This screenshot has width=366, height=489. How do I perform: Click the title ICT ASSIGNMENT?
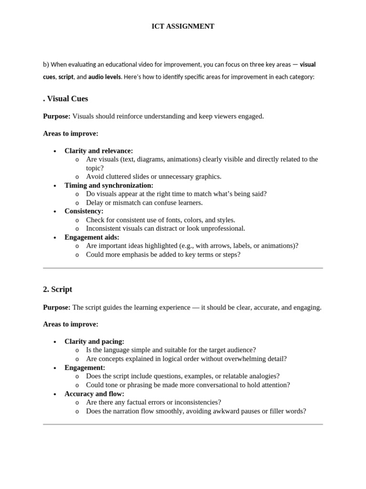183,27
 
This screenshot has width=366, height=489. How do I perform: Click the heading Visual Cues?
67,99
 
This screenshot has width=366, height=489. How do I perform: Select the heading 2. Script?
58,289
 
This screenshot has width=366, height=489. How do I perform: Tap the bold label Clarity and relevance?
99,151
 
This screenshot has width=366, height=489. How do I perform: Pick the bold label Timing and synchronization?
109,185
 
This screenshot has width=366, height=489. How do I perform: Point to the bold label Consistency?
84,211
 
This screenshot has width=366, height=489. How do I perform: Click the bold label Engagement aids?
92,237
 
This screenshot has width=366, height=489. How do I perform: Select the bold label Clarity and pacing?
94,341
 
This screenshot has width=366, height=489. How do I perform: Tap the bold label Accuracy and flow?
94,394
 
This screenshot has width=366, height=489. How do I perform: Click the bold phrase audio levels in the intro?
104,77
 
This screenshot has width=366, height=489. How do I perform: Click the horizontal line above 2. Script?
183,268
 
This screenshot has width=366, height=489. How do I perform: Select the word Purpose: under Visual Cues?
57,117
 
